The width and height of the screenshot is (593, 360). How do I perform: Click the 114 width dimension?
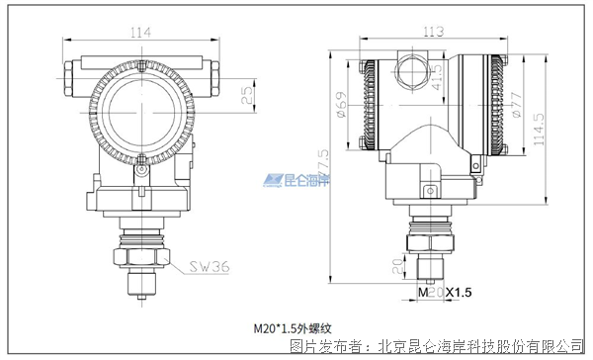click(x=142, y=33)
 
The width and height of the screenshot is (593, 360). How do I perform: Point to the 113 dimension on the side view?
click(x=432, y=31)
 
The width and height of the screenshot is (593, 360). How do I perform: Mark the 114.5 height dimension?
click(x=538, y=130)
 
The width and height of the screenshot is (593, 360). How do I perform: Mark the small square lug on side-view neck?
click(x=429, y=192)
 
